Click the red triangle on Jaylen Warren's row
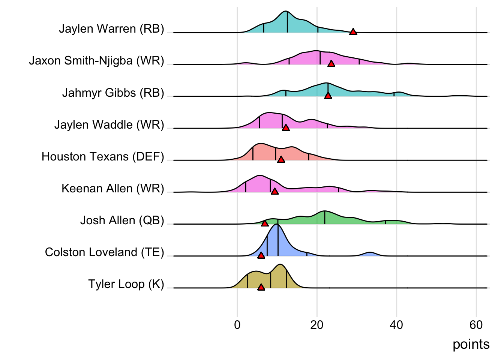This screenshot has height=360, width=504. pos(353,32)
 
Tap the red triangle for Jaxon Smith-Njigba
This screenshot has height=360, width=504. pos(331,64)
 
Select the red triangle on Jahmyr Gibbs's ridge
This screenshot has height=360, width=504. pos(328,96)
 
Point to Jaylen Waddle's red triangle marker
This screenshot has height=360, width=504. pos(286,127)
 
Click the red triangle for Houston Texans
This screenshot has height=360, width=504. pos(281,159)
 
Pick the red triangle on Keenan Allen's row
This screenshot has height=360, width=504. pos(274,191)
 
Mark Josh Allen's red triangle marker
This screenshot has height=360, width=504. pos(265,223)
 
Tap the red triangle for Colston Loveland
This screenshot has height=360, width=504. pos(261,255)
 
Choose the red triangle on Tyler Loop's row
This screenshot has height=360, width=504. pos(261,287)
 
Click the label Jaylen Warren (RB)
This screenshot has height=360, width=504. pos(111,28)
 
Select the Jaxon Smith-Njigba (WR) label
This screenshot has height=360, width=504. pos(96,60)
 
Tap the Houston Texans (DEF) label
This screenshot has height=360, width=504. pos(103,156)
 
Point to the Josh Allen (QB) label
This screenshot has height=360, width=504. pos(122,220)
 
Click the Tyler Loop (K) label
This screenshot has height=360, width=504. pos(126,284)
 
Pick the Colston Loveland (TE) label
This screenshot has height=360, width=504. pos(104,252)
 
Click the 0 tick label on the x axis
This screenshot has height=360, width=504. pos(237,325)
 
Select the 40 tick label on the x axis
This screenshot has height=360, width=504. pos(396,325)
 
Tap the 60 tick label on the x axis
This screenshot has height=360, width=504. pos(476,325)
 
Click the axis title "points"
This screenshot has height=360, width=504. pos(471,344)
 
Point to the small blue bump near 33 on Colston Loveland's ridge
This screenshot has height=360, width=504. pos(370,254)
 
